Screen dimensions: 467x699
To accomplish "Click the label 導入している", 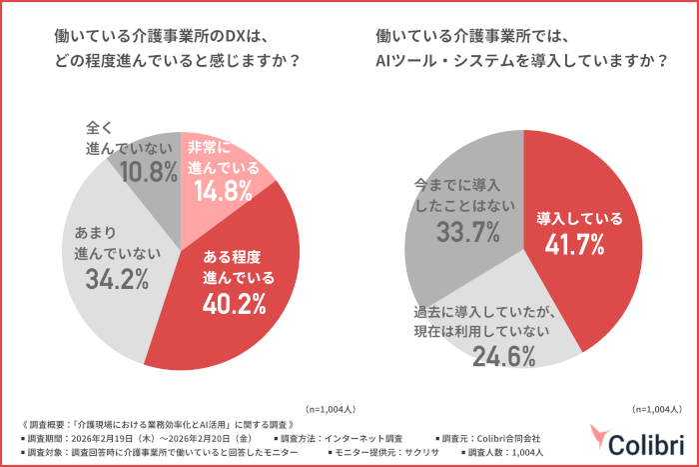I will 579,217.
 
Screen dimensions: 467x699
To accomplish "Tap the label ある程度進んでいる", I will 238,265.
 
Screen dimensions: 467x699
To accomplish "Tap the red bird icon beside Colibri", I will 600,438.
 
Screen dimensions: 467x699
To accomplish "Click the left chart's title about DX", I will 180,47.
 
